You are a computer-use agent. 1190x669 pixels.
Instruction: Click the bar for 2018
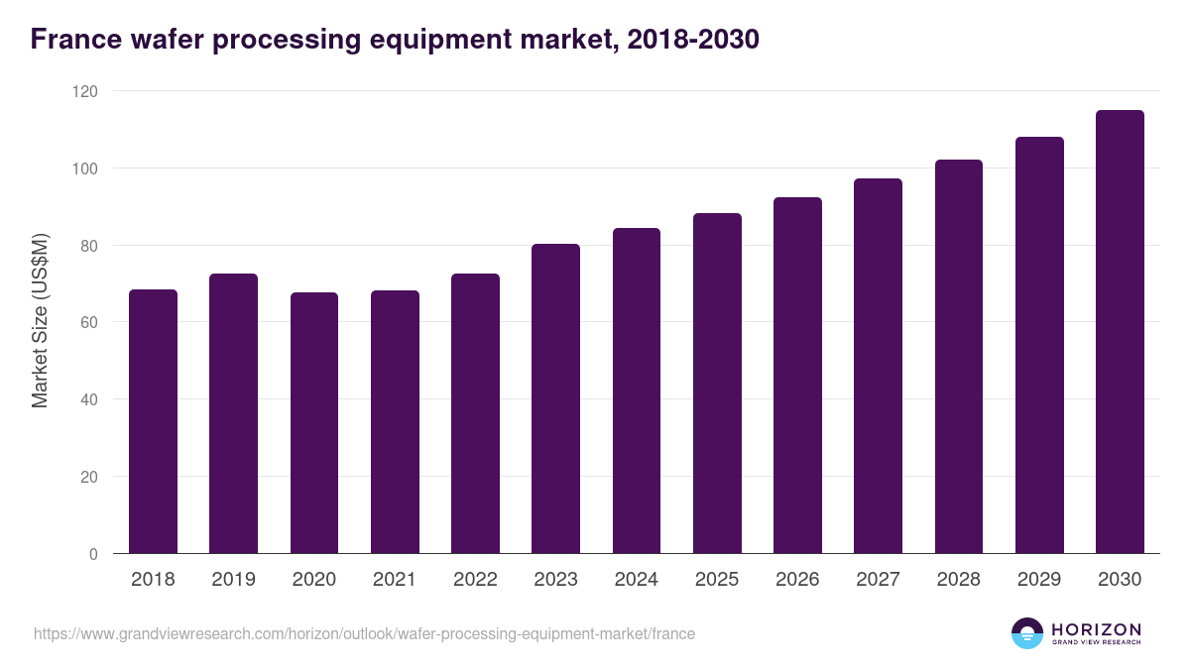click(x=153, y=421)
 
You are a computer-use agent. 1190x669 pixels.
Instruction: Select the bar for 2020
click(x=314, y=423)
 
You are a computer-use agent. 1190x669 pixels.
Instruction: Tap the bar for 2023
click(x=555, y=398)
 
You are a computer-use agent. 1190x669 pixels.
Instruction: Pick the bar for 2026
click(x=797, y=376)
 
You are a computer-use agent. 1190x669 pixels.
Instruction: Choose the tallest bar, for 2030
click(x=1120, y=332)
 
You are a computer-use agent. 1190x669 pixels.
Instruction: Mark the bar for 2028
click(x=959, y=357)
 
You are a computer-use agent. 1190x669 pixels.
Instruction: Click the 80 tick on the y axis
click(x=90, y=246)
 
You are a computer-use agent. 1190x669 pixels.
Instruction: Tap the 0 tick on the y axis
click(x=94, y=554)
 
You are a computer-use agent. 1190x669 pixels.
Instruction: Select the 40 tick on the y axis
click(x=90, y=399)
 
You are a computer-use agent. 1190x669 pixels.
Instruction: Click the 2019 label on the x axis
click(x=233, y=580)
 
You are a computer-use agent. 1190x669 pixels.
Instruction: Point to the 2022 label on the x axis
click(x=475, y=580)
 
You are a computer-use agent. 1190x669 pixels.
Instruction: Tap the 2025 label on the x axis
click(x=717, y=580)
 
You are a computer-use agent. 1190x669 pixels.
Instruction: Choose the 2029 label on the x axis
click(x=1039, y=580)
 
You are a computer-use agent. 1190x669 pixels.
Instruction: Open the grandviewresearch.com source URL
click(x=364, y=633)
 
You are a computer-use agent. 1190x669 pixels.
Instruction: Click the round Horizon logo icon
click(x=1027, y=633)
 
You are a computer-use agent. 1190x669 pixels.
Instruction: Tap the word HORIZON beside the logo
click(x=1096, y=629)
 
